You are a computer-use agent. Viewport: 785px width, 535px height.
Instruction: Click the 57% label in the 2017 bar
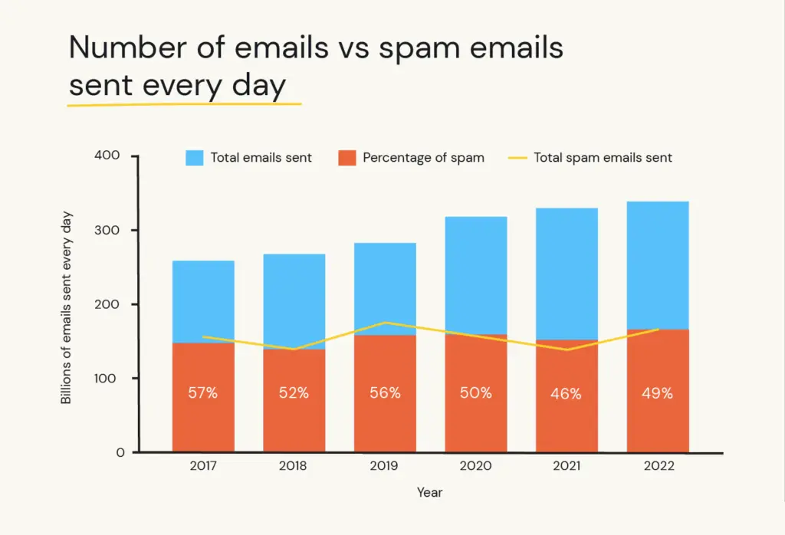point(203,393)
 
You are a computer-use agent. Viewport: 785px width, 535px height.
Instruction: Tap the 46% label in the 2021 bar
point(567,394)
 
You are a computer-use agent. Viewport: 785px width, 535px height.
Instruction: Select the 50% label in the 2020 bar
point(475,393)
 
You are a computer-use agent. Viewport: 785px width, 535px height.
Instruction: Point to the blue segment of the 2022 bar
point(657,264)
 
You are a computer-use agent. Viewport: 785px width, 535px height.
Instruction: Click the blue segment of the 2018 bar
point(294,301)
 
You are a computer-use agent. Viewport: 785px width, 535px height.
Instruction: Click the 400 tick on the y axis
point(107,156)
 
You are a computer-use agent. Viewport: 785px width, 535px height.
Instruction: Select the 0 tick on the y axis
point(120,452)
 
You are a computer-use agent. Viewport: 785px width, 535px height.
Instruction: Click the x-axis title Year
point(429,492)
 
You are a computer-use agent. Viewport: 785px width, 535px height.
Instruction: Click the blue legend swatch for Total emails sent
point(194,158)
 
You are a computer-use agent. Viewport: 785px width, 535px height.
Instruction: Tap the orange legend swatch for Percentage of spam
point(347,158)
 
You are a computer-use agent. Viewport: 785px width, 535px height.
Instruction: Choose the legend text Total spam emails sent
point(603,158)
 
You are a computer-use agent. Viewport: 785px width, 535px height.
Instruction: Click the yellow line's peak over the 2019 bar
point(385,323)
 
